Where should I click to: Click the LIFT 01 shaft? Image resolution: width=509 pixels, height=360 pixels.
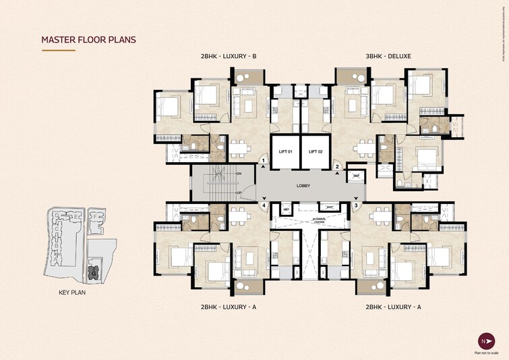click(x=285, y=152)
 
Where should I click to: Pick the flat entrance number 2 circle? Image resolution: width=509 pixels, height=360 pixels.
click(x=337, y=166)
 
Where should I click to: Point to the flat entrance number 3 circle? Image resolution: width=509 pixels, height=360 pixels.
click(x=355, y=205)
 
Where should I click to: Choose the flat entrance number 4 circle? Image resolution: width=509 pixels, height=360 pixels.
click(x=264, y=205)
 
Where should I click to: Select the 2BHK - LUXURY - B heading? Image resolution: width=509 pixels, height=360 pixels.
click(x=228, y=56)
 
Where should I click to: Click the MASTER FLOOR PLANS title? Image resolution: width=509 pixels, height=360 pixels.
click(x=88, y=40)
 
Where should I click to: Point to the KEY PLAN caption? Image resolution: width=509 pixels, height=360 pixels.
click(x=72, y=293)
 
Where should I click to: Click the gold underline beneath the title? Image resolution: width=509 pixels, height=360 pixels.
click(x=59, y=50)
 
